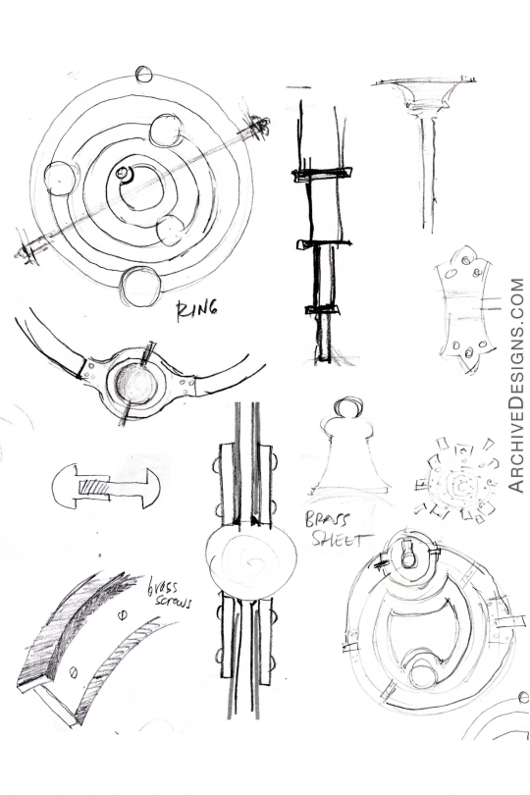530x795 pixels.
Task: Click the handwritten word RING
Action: point(195,312)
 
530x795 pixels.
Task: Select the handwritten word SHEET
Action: point(337,539)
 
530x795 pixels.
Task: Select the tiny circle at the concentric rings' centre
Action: point(123,175)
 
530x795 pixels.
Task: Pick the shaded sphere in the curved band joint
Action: point(138,384)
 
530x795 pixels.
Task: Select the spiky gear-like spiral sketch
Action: point(455,480)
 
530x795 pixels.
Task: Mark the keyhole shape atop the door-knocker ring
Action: point(408,554)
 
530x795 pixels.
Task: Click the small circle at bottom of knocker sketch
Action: point(423,674)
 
